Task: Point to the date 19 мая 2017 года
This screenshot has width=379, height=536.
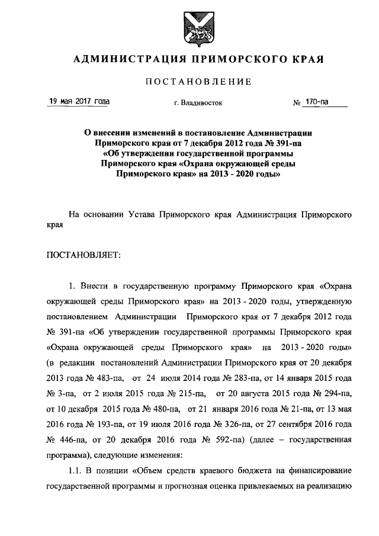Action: (79, 102)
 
